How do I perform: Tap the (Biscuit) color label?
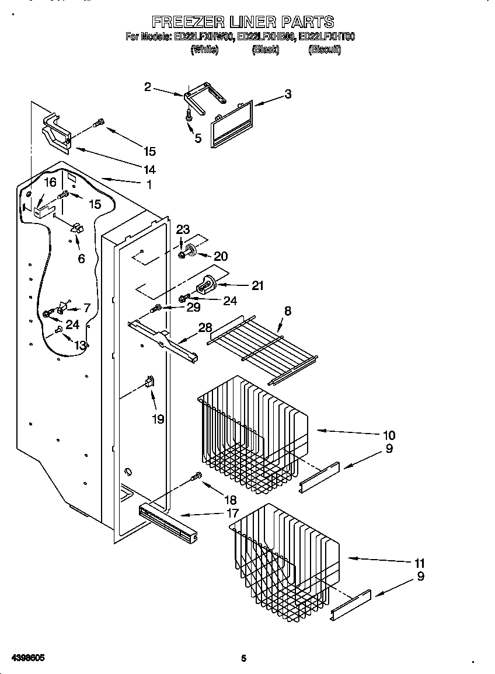tap(325, 50)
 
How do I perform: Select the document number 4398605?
tap(27, 658)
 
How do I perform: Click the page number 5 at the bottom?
tap(244, 659)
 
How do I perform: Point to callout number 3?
tap(288, 94)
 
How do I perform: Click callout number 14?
tap(149, 170)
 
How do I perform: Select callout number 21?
tap(257, 285)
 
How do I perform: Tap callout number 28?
tap(205, 328)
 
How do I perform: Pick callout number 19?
tap(158, 419)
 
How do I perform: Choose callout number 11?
tap(419, 564)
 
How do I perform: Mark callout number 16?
tap(50, 183)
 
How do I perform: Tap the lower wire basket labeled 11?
tap(286, 560)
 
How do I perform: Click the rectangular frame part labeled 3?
tap(231, 124)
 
